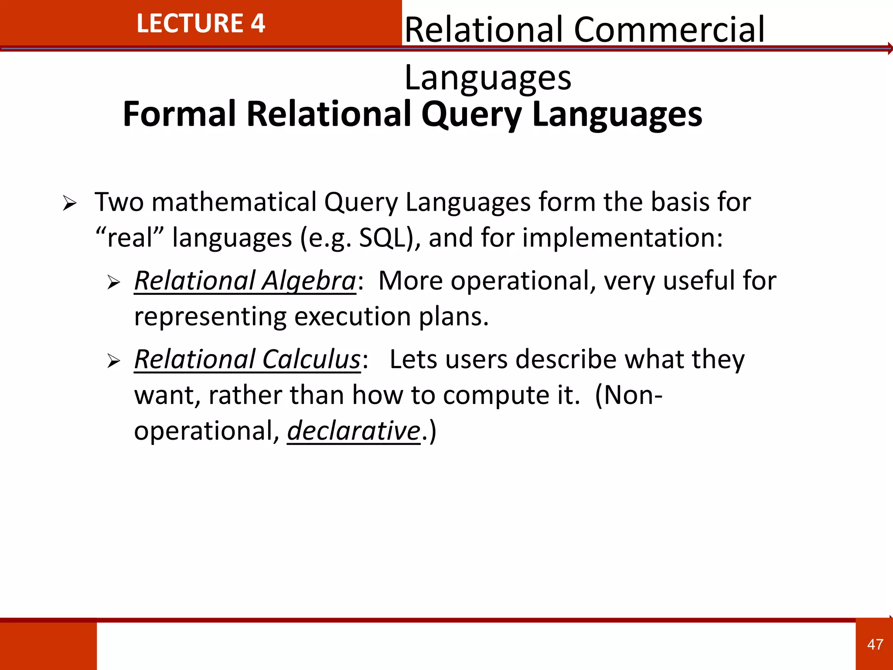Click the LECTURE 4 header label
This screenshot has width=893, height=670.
pos(201,24)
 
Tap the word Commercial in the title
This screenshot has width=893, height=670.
pos(669,30)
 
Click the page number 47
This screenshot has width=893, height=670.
pos(875,644)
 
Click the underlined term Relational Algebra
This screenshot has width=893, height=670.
pos(245,280)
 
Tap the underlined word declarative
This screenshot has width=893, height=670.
pos(353,431)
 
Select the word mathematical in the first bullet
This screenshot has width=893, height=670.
pos(234,202)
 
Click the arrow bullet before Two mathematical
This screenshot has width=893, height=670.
pos(69,203)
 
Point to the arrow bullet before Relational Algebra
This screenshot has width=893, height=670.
pos(113,283)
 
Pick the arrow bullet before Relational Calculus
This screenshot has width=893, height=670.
pos(113,361)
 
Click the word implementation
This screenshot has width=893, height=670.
pos(622,238)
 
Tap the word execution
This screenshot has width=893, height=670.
pos(352,316)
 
